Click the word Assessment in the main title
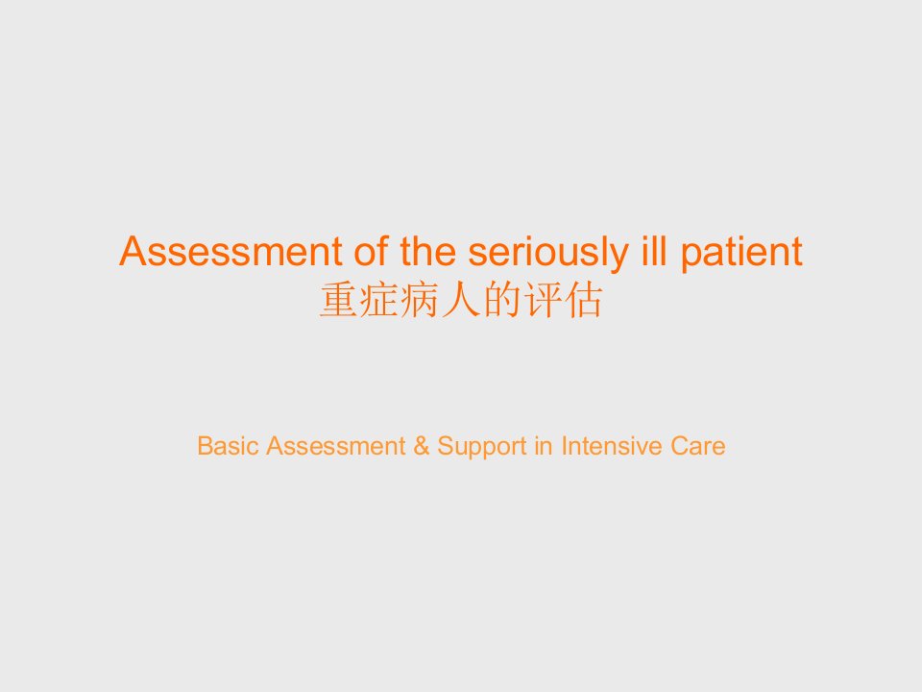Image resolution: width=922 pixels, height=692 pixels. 231,251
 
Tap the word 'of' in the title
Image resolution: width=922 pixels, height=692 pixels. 371,251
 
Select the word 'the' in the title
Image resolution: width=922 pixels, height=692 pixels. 428,251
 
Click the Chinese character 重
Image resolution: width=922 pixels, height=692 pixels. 339,300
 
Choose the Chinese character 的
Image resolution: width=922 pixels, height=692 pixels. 502,300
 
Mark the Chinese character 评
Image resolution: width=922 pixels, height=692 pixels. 543,300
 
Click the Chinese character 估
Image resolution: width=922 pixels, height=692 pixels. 583,300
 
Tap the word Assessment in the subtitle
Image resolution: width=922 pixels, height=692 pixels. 336,446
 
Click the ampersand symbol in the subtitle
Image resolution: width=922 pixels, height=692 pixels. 421,446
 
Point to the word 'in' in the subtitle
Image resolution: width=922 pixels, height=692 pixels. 544,446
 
